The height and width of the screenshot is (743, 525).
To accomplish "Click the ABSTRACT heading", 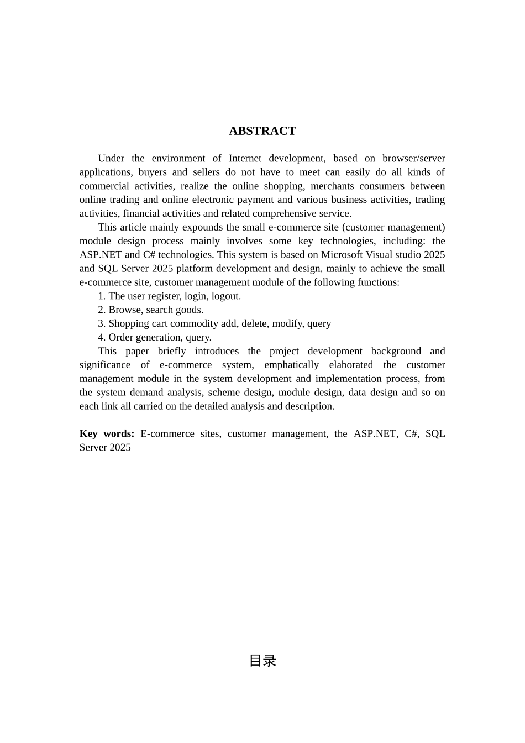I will tap(262, 131).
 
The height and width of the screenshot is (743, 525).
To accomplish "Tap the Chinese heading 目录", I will tap(262, 661).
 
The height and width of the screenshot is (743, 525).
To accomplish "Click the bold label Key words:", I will tap(107, 434).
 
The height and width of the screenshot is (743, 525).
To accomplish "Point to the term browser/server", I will tap(413, 159).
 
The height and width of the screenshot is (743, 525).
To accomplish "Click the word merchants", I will tap(332, 186).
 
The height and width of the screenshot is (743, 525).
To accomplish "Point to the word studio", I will tap(406, 255).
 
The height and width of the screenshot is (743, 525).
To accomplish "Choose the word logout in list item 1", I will tap(225, 296).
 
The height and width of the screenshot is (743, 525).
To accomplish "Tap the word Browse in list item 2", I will tap(124, 310).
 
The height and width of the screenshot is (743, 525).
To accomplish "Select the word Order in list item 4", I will tap(120, 338).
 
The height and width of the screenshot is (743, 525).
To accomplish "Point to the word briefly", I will tap(172, 352).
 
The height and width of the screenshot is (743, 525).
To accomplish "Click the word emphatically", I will tap(291, 365).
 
